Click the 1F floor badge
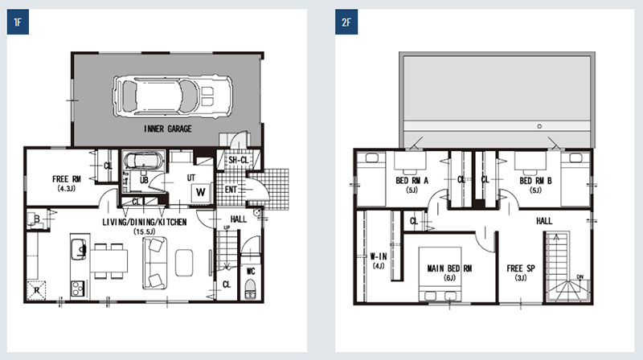(18, 22)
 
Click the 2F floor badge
(346, 22)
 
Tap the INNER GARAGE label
(168, 129)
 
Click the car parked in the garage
(173, 96)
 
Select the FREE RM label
(67, 179)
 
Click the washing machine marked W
(200, 192)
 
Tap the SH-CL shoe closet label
(238, 160)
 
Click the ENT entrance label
(231, 190)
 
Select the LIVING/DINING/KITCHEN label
(145, 222)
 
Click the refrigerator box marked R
(36, 290)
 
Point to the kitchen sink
(79, 249)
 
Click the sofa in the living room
(154, 263)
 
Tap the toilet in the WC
(250, 289)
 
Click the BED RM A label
(412, 181)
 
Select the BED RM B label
(535, 181)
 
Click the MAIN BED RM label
(449, 268)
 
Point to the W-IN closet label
(379, 256)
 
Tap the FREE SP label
(521, 268)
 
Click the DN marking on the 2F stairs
(580, 277)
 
